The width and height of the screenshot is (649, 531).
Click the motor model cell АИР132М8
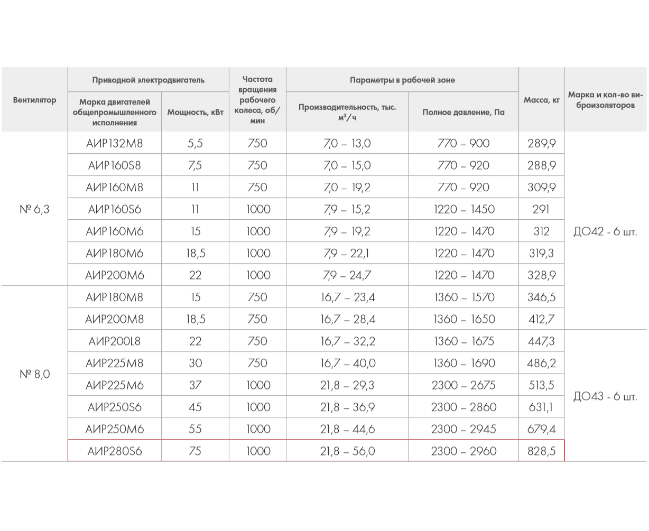tap(115, 143)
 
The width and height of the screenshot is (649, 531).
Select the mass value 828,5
tap(541, 451)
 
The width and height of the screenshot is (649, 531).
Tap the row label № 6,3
tap(34, 209)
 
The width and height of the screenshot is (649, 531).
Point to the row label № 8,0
tap(34, 374)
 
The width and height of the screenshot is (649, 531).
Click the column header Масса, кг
tap(541, 100)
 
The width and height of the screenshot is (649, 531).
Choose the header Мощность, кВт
tap(195, 112)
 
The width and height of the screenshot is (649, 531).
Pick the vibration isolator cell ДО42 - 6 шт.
tap(605, 231)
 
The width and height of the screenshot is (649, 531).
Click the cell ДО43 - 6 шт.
tap(605, 396)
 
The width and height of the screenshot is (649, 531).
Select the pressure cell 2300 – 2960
tap(463, 451)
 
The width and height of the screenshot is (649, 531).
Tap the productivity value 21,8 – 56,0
tap(347, 451)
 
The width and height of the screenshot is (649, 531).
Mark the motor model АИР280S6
tap(115, 451)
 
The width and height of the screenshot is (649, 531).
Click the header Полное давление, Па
tap(463, 112)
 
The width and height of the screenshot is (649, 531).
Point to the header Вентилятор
tap(34, 100)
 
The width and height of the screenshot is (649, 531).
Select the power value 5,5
tap(195, 143)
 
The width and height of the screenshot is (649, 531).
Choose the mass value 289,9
tap(541, 143)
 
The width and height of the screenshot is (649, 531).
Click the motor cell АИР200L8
tap(115, 341)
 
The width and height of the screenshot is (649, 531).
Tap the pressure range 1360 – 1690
tap(463, 364)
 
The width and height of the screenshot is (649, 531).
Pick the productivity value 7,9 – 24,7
tap(347, 275)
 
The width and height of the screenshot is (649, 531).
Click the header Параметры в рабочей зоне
tap(402, 80)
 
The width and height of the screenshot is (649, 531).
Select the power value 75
tap(195, 451)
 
